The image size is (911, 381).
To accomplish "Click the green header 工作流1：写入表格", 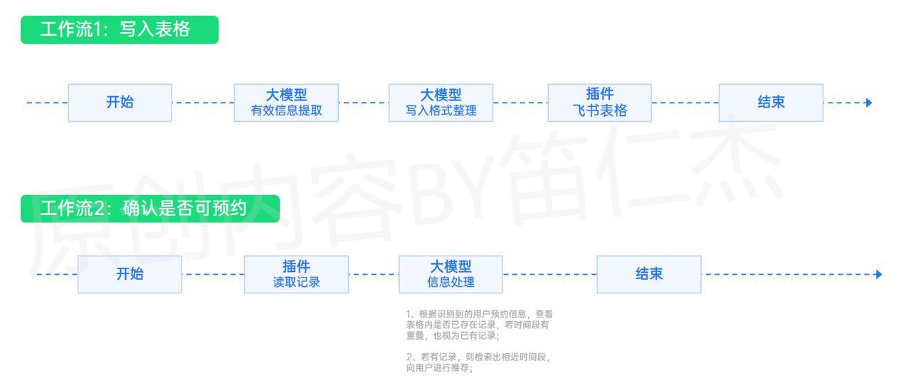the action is (120, 30).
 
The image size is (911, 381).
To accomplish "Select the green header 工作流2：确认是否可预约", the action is (150, 209).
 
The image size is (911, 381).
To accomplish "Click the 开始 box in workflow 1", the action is (120, 103).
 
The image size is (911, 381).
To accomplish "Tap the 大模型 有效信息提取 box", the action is (286, 103).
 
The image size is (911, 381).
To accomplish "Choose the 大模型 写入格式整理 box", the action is (441, 103).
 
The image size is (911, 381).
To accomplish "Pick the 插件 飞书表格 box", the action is (599, 103).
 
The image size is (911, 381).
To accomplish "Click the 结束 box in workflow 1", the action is (771, 103).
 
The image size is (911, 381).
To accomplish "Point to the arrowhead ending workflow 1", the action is (868, 103).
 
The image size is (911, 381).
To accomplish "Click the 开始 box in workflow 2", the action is (130, 274).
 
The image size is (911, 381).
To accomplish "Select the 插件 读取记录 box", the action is (296, 274).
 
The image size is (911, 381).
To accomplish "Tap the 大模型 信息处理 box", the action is (451, 274).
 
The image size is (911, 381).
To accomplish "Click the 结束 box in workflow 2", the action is (649, 274).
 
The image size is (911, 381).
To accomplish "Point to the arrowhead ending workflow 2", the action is (878, 274).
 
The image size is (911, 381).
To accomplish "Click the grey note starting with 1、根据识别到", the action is (480, 325).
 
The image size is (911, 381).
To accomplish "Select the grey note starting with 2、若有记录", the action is (478, 362).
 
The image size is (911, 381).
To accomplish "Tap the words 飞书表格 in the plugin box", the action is (600, 110).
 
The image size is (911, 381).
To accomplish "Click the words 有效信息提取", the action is (286, 110).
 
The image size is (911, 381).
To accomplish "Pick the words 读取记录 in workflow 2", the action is (297, 282).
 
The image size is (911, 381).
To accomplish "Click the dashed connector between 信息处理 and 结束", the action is (550, 274).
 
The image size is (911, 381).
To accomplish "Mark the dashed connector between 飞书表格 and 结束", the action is (685, 103).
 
